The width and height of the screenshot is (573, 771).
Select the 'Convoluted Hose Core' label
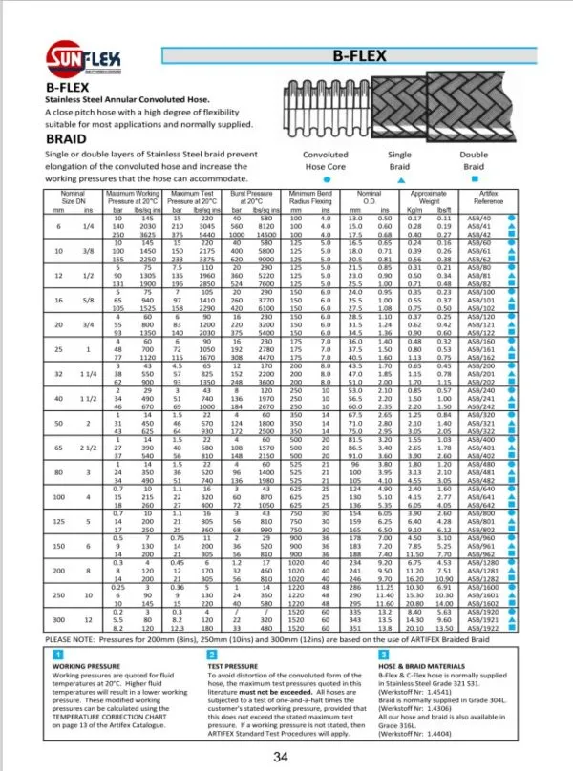coord(325,159)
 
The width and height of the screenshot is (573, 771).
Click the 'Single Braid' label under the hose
coord(399,159)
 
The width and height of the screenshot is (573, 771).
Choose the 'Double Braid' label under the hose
coord(474,159)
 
